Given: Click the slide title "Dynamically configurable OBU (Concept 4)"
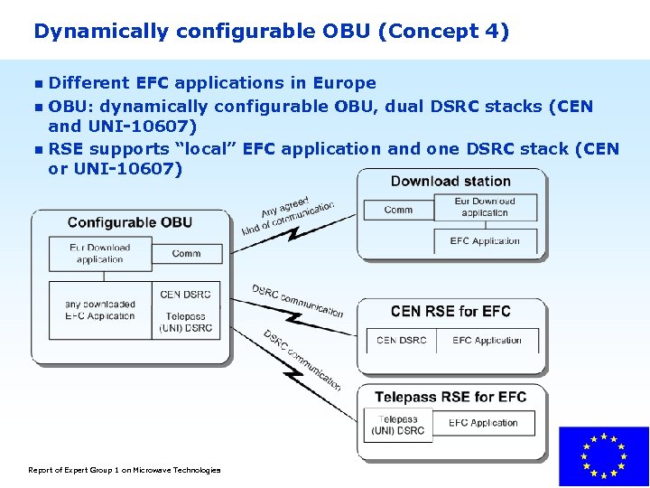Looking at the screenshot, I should pos(271,32).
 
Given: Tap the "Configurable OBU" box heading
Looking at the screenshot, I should pos(129,222).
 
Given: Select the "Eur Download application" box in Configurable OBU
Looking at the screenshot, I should pos(99,253).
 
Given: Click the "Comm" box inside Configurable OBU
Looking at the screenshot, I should pos(186,253).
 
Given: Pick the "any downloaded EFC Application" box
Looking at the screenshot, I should pos(99,310).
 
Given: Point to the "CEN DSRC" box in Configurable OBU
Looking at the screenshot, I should pos(185,295).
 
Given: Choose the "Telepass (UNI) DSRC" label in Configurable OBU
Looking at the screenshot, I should pos(185,322).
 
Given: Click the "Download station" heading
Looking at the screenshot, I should pos(450,181).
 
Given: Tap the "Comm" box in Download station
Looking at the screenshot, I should pos(398,210).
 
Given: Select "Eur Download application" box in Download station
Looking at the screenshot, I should pos(485,207).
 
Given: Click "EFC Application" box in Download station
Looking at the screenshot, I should pos(485,241).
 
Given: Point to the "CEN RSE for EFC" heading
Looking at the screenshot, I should pos(450,312).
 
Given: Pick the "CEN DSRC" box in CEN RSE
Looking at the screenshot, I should pos(401,341).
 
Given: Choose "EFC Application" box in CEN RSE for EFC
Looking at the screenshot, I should pos(487,341).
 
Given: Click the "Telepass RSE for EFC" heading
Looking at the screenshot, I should pos(450,397).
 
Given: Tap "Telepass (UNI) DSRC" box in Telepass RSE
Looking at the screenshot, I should pos(398,425).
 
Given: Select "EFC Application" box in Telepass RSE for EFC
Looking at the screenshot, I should pos(483,423).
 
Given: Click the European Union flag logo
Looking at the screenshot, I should pos(603,456).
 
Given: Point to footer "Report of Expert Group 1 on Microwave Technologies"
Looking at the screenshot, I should pos(125,470).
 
